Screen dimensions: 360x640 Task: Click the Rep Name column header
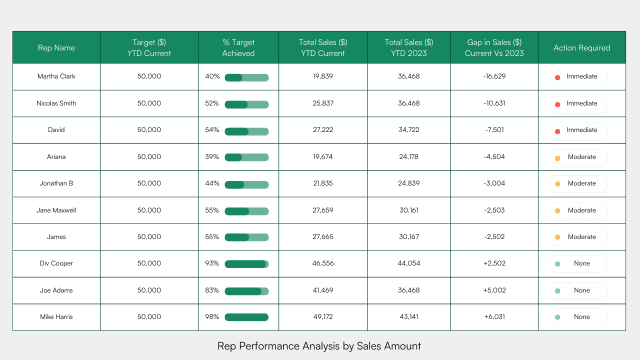click(56, 48)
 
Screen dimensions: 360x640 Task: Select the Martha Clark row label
click(56, 76)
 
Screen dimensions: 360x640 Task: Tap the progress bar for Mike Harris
click(246, 317)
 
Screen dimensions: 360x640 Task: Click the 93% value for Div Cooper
click(212, 263)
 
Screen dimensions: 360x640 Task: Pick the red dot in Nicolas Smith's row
click(557, 104)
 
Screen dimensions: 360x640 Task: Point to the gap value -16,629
click(494, 76)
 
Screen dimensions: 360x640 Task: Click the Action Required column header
click(581, 48)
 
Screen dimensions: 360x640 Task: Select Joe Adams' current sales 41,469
click(323, 290)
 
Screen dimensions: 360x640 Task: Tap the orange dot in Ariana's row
click(557, 158)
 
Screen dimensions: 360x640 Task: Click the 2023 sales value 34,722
click(409, 130)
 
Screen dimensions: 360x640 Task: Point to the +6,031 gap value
click(494, 317)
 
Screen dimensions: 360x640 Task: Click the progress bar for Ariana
click(246, 157)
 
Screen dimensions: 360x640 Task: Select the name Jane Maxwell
click(56, 210)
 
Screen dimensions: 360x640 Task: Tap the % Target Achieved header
click(238, 48)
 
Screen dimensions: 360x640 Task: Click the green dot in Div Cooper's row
click(557, 264)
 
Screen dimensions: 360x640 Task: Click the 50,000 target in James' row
click(149, 237)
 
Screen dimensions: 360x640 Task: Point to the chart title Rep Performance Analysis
click(319, 345)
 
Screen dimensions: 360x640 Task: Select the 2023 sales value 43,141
click(409, 317)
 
